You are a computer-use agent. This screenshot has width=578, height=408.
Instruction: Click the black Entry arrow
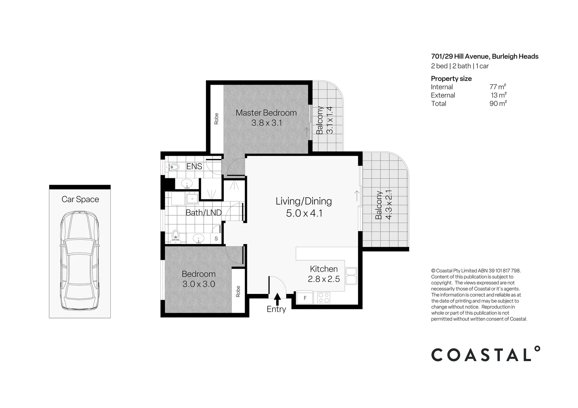[277, 299]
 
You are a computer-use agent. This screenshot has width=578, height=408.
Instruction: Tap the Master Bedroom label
[266, 113]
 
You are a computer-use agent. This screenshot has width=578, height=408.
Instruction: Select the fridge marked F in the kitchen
[305, 298]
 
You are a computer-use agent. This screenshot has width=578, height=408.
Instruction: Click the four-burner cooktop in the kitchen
[324, 297]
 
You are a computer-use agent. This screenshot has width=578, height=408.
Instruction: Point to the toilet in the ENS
[174, 167]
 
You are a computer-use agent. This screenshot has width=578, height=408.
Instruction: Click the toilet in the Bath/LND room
[175, 236]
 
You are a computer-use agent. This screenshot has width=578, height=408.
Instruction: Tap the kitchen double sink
[351, 276]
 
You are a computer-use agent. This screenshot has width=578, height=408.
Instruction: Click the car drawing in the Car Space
[80, 261]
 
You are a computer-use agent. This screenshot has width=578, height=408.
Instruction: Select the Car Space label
[80, 199]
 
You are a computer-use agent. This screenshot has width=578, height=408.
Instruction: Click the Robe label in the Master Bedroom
[216, 119]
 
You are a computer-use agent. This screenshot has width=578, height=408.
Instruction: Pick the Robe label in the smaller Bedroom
[238, 291]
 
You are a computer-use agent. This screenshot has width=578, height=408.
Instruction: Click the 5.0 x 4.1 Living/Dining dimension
[304, 213]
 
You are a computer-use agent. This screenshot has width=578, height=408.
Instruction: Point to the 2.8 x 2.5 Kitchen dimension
[324, 279]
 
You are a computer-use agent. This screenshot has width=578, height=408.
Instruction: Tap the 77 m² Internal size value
[498, 87]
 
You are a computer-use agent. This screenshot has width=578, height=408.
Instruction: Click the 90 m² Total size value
[498, 104]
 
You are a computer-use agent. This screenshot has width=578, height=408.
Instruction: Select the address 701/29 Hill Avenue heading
[485, 56]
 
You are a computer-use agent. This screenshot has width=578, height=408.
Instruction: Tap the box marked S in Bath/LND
[216, 238]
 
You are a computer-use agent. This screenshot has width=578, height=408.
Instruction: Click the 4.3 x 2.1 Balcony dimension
[389, 205]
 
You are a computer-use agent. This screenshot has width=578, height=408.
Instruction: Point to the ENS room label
[194, 166]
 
